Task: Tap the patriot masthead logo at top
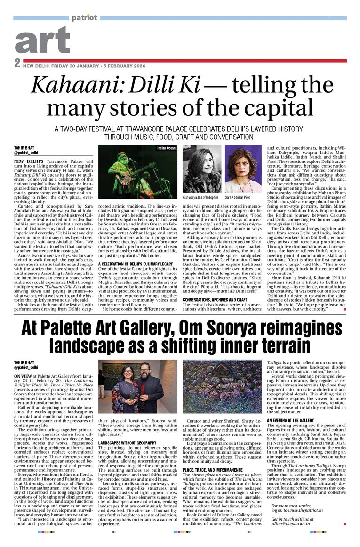[x=84, y=18]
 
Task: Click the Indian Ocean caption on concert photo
[x=166, y=148]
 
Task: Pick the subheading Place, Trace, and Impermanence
[x=216, y=457]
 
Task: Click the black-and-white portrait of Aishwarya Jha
[x=201, y=169]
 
